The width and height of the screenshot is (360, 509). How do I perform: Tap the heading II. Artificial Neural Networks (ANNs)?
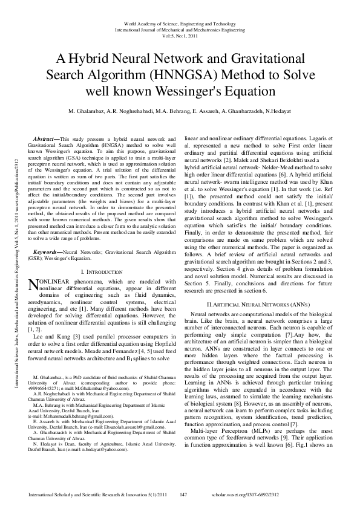tap(257, 302)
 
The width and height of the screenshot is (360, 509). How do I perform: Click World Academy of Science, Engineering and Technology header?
tap(180, 23)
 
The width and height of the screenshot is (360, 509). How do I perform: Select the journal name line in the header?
tap(180, 28)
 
